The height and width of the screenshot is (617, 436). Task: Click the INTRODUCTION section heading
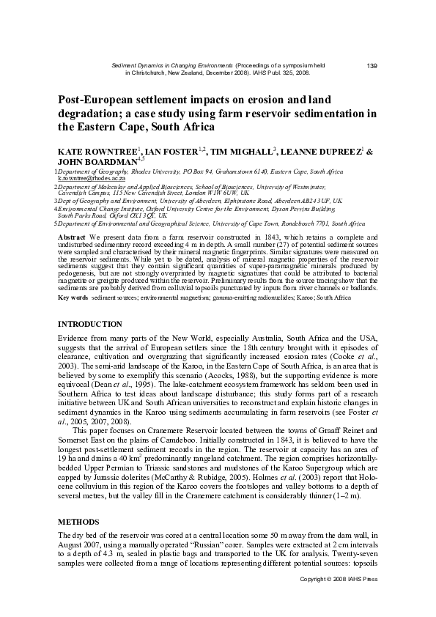point(90,323)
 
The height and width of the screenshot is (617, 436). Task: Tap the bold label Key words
point(73,298)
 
